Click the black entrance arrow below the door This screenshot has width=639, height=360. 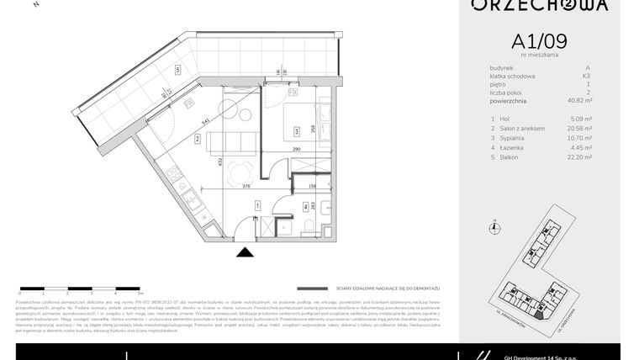point(245,251)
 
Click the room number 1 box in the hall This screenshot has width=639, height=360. point(257,204)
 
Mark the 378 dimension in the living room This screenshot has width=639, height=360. point(223,186)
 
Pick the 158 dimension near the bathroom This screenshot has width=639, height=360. point(312,186)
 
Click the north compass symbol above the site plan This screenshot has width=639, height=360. point(496,225)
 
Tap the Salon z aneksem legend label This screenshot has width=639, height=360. point(521,128)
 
